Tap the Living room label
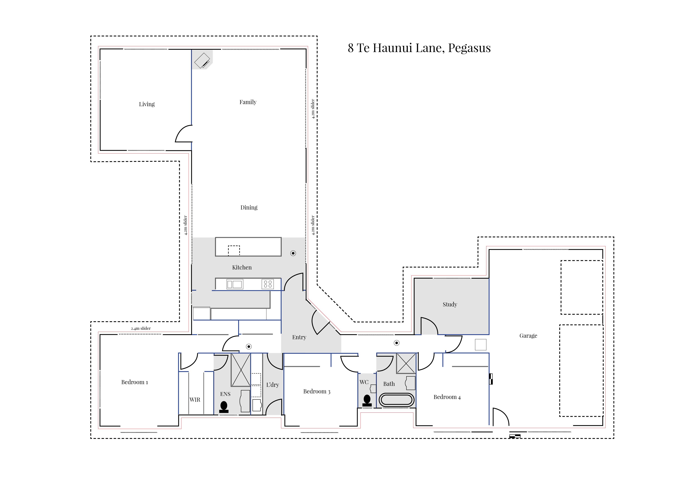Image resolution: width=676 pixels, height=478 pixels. pyautogui.click(x=147, y=104)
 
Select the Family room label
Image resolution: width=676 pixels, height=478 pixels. pyautogui.click(x=248, y=102)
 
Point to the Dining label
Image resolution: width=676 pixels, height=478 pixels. pyautogui.click(x=249, y=208)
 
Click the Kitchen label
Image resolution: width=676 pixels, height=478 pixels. pyautogui.click(x=242, y=267)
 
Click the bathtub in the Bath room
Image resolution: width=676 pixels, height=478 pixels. pyautogui.click(x=396, y=400)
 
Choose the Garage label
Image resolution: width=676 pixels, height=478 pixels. pyautogui.click(x=528, y=336)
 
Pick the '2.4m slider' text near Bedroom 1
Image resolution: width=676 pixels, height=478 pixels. pyautogui.click(x=141, y=328)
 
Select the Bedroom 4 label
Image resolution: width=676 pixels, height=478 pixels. pyautogui.click(x=447, y=397)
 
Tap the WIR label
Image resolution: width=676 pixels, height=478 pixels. pyautogui.click(x=195, y=400)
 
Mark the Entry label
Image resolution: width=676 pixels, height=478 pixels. pyautogui.click(x=299, y=337)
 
